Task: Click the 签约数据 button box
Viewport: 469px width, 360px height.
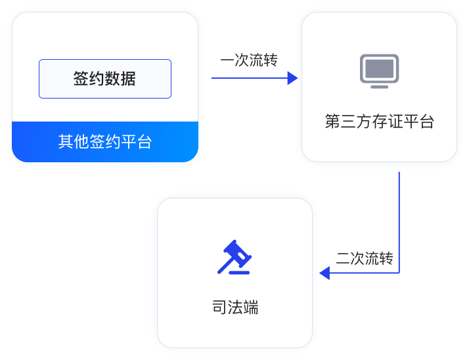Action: [x=105, y=79]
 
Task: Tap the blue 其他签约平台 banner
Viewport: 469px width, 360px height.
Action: [x=105, y=141]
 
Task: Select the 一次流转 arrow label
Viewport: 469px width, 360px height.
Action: [x=250, y=60]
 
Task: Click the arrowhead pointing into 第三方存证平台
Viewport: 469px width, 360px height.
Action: [x=293, y=78]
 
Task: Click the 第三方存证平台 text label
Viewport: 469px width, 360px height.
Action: [x=379, y=122]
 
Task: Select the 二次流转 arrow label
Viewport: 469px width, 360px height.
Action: [x=365, y=258]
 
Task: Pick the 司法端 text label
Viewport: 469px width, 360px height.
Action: [x=234, y=307]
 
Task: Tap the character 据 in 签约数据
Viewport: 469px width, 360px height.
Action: [x=129, y=79]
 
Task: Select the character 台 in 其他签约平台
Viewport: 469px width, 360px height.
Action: [x=145, y=141]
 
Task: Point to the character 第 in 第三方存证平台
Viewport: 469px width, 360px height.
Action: [x=333, y=122]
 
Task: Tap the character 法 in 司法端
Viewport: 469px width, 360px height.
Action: [x=234, y=307]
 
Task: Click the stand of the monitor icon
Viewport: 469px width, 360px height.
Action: [x=379, y=85]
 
